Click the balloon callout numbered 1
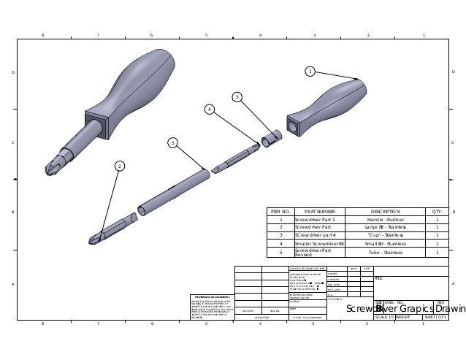[x=310, y=71]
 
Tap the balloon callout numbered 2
[x=120, y=166]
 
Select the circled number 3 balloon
[x=237, y=97]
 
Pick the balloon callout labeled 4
[x=210, y=110]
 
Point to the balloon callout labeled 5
[x=173, y=142]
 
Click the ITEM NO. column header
[x=280, y=211]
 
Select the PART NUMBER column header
[x=319, y=211]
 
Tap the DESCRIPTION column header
[x=386, y=211]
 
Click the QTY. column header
[x=437, y=211]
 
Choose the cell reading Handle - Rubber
[x=386, y=219]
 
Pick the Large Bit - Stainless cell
[x=386, y=227]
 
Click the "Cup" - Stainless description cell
[x=386, y=235]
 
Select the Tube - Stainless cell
[x=386, y=252]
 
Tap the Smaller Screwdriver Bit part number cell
[x=319, y=243]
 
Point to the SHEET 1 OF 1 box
[x=435, y=317]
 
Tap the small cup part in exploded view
[x=271, y=137]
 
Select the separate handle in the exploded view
[x=325, y=108]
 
